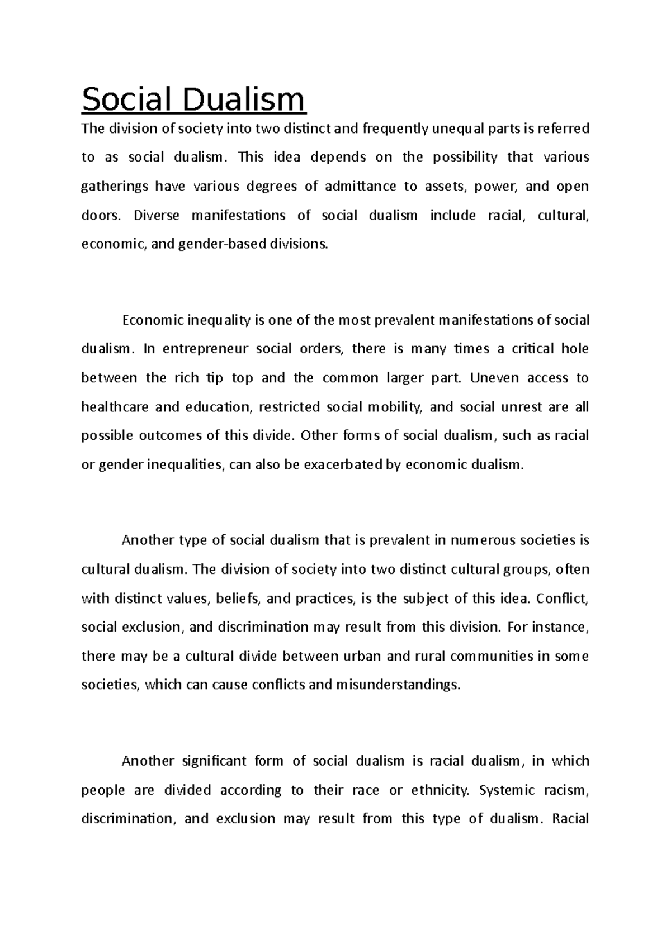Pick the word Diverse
coord(157,216)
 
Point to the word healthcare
coord(115,407)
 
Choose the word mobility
coord(394,407)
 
